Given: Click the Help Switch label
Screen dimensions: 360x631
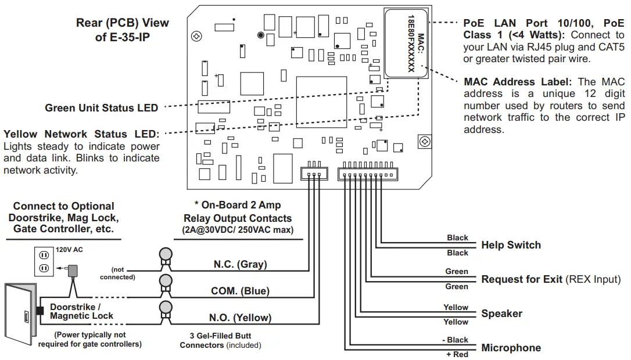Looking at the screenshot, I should click(x=511, y=245).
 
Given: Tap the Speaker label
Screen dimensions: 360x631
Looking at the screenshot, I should click(x=501, y=314).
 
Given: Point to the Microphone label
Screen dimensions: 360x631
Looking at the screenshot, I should click(x=511, y=348).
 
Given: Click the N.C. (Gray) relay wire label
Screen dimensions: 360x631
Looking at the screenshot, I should click(x=240, y=264).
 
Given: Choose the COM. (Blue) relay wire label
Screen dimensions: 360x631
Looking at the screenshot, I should click(x=240, y=291).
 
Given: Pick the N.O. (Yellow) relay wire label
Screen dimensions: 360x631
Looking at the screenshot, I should click(x=240, y=318).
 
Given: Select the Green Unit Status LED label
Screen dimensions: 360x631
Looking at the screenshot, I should click(x=101, y=108).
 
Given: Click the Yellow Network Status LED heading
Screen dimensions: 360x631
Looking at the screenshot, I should click(x=81, y=134).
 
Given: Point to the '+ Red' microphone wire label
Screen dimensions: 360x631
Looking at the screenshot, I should click(x=457, y=354).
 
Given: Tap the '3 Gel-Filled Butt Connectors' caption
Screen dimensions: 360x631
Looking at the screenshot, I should click(x=220, y=341).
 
